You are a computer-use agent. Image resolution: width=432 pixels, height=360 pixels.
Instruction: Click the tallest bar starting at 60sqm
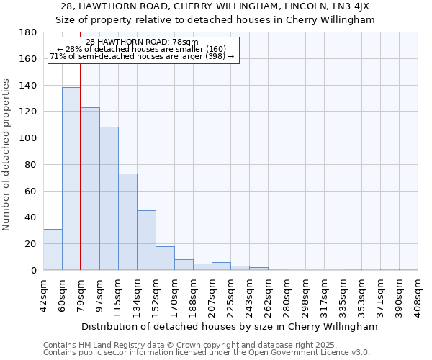click(x=71, y=179)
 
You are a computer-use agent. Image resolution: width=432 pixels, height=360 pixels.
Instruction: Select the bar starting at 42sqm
click(x=53, y=249)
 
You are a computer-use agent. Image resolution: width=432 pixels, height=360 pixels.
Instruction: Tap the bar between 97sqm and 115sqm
click(x=109, y=198)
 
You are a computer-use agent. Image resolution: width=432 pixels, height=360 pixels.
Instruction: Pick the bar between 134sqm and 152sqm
click(x=146, y=240)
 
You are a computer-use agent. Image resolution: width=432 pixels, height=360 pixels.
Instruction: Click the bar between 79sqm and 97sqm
click(x=90, y=189)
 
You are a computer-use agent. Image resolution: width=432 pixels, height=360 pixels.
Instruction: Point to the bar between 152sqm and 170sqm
click(x=165, y=258)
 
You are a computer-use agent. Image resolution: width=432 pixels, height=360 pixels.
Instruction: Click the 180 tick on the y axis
click(x=30, y=32)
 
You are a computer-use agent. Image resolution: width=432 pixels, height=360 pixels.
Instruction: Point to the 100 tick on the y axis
click(x=30, y=138)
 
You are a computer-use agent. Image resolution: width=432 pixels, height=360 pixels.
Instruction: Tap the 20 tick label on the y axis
click(x=32, y=244)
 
